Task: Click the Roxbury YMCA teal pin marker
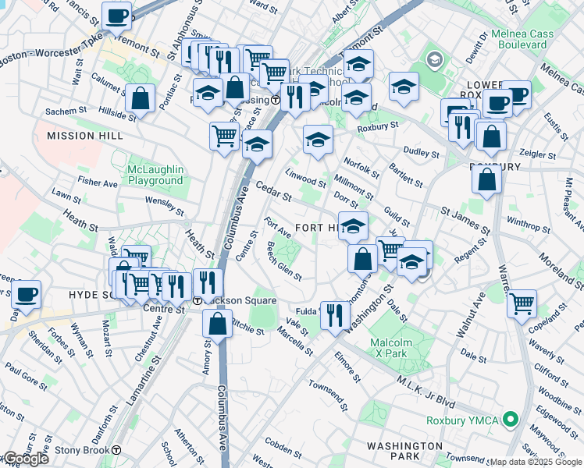[511, 420]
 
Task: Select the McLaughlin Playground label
[156, 175]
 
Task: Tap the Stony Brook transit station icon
[116, 450]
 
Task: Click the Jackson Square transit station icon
[198, 301]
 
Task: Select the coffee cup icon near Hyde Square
[26, 294]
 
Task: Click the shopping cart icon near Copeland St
[521, 303]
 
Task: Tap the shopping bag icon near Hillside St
[140, 98]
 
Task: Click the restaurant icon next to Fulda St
[334, 316]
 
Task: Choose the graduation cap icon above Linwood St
[318, 140]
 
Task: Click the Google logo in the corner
[25, 459]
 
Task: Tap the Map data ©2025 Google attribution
[536, 462]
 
